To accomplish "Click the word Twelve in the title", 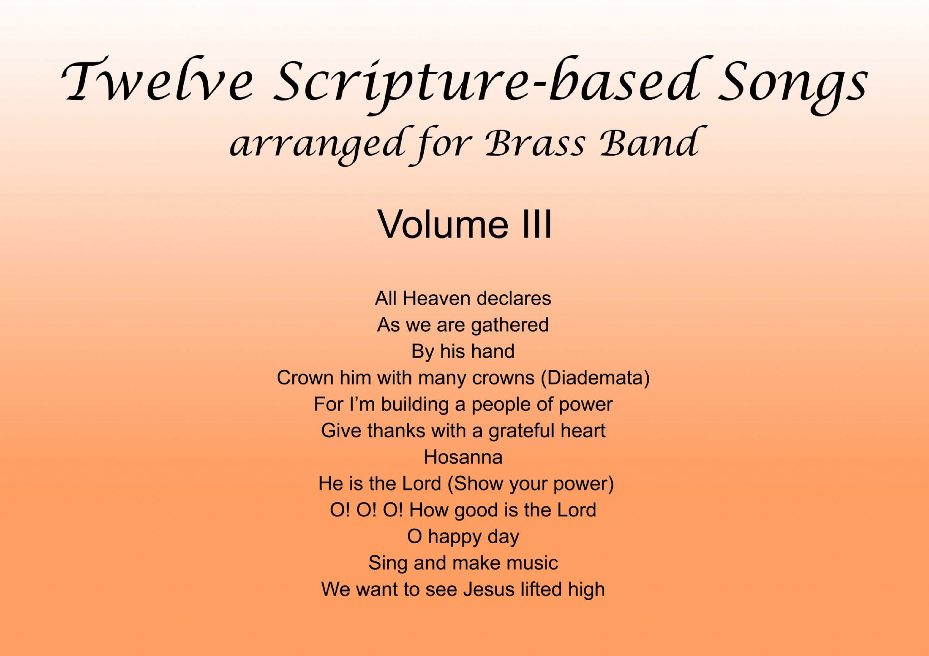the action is pyautogui.click(x=156, y=81).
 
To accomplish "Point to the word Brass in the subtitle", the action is pyautogui.click(x=536, y=143).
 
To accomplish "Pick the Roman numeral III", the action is pyautogui.click(x=537, y=224).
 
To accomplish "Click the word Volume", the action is pyautogui.click(x=443, y=224).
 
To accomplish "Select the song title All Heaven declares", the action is pyautogui.click(x=463, y=298).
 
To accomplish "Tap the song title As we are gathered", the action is pyautogui.click(x=463, y=325).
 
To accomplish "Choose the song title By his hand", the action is pyautogui.click(x=463, y=351).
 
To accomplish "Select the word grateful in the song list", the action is pyautogui.click(x=521, y=431).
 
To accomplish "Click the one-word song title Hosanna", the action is pyautogui.click(x=463, y=457).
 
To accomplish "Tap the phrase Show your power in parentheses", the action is pyautogui.click(x=530, y=484).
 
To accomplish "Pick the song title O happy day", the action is pyautogui.click(x=463, y=537).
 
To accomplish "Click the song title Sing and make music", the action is pyautogui.click(x=463, y=563).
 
